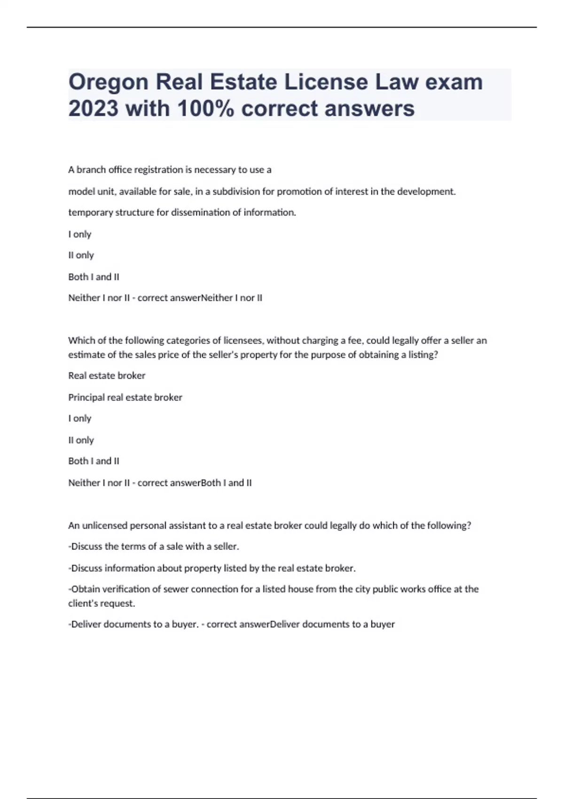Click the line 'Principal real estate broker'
pos(125,397)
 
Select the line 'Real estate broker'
pos(107,376)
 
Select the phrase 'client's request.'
pos(102,603)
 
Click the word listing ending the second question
pos(423,354)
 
